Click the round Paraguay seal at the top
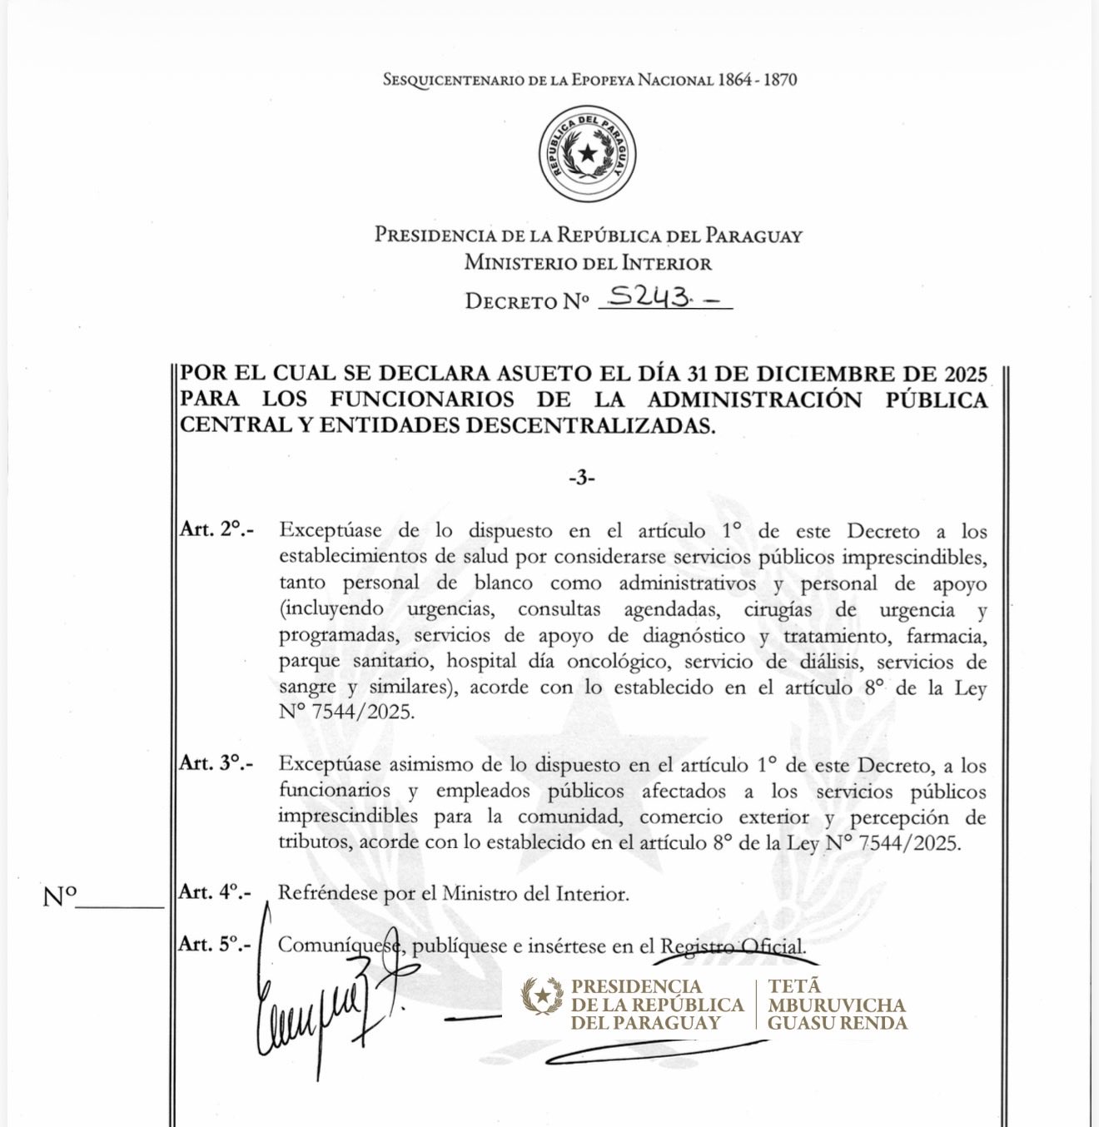point(588,155)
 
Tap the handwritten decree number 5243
point(650,296)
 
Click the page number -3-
point(582,478)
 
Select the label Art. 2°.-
point(216,529)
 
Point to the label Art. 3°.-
point(216,763)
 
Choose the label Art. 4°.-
point(216,892)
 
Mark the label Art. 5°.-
point(215,944)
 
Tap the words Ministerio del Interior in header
point(588,263)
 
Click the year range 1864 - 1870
point(758,80)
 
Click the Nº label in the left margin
point(59,897)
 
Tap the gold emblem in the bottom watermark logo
point(542,995)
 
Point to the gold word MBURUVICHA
point(836,1005)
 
